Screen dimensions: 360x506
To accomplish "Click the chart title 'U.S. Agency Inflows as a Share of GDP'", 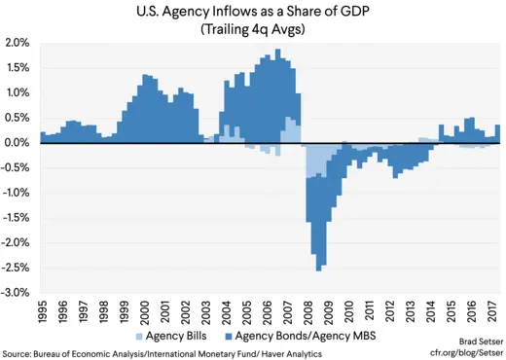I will pyautogui.click(x=253, y=11).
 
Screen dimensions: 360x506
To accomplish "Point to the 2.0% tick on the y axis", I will pyautogui.click(x=18, y=43).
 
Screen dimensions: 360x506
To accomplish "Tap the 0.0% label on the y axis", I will pyautogui.click(x=18, y=143).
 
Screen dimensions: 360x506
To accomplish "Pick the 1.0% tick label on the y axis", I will pyautogui.click(x=18, y=93).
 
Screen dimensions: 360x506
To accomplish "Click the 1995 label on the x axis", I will pyautogui.click(x=44, y=312).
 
